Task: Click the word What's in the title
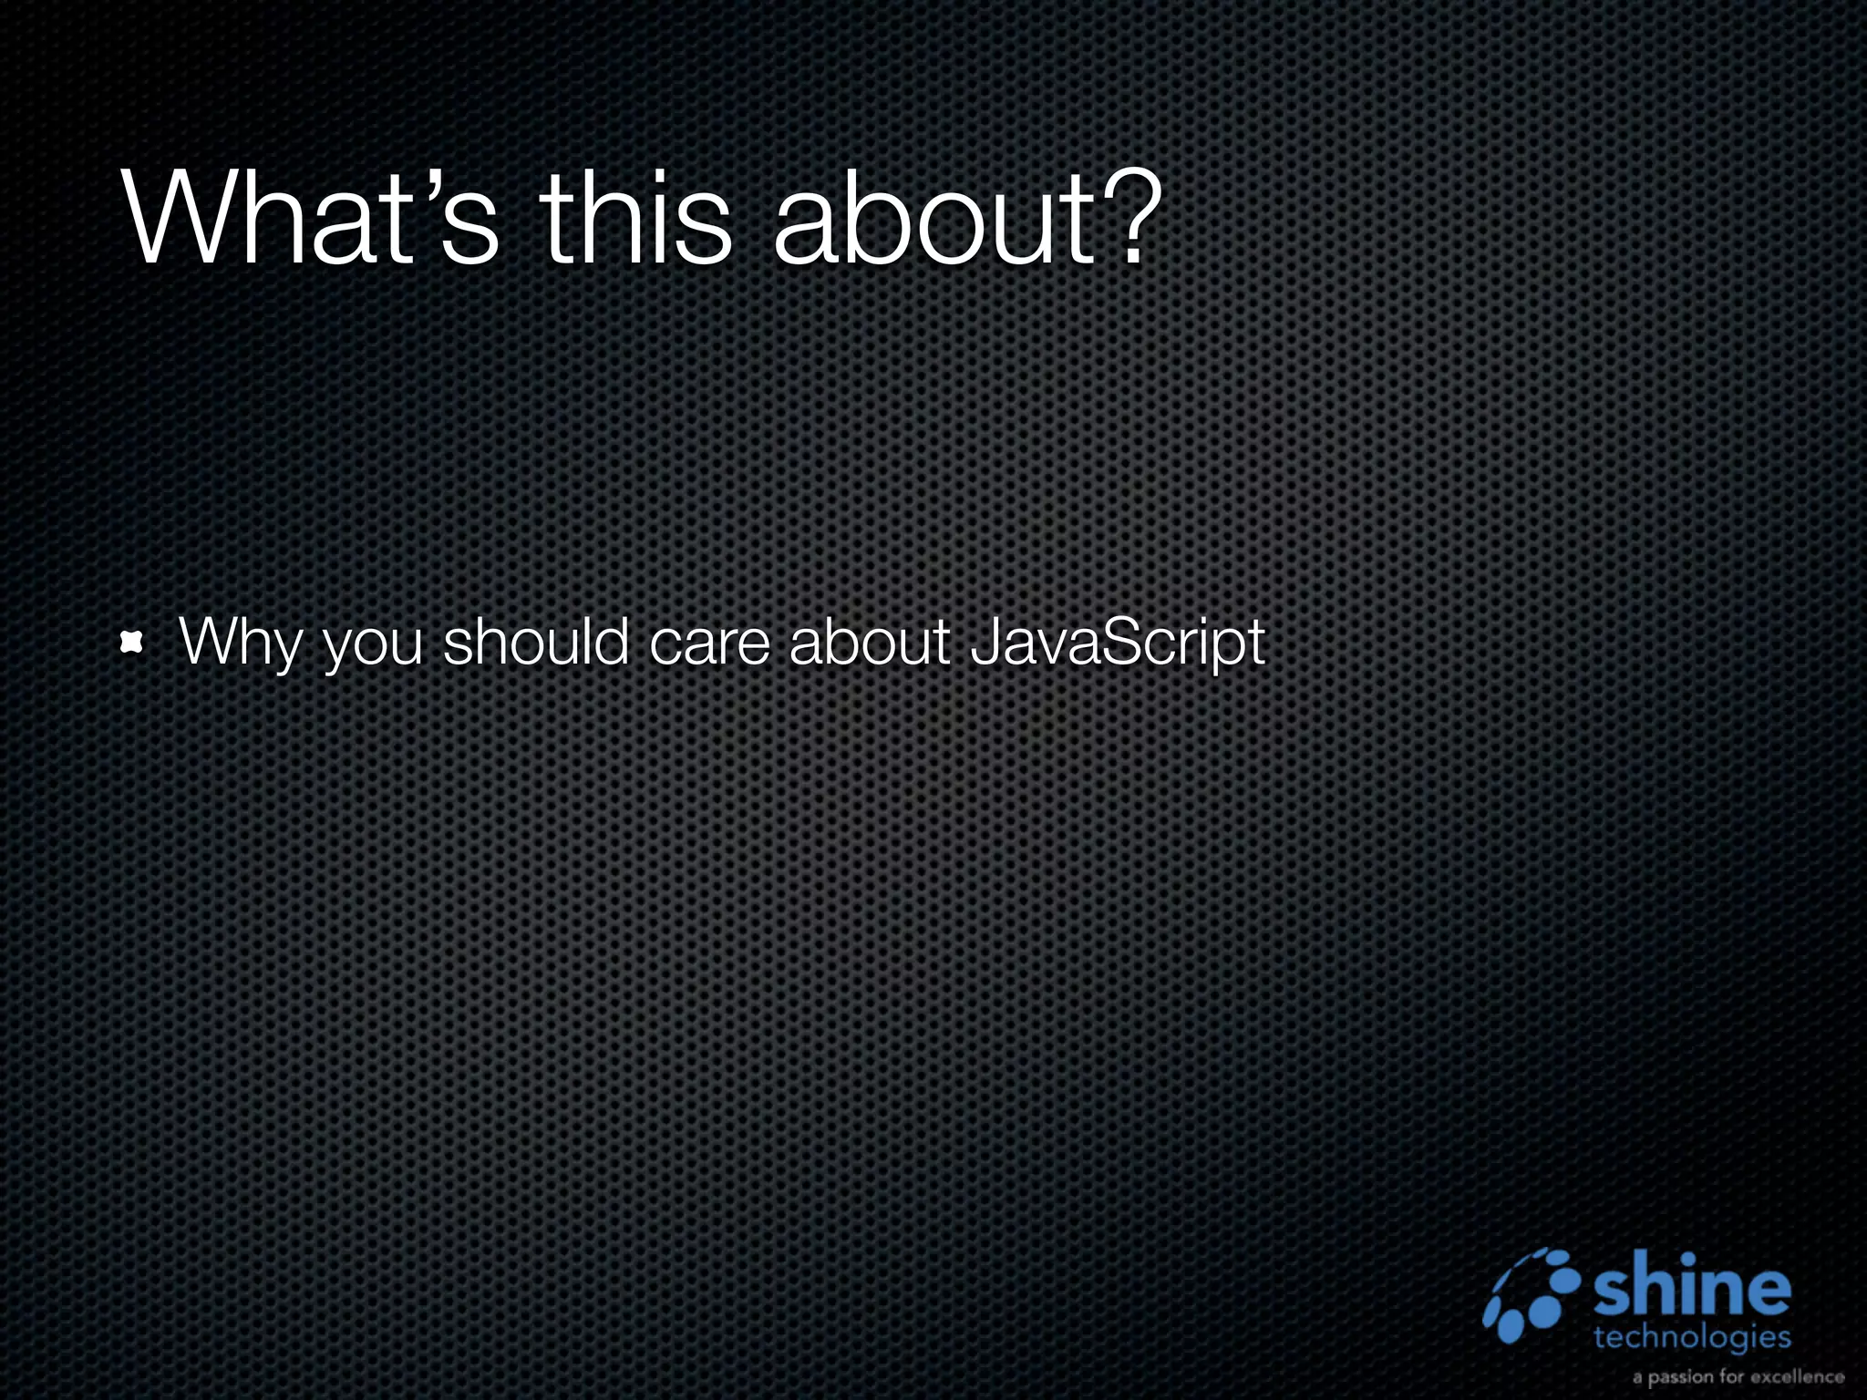310,219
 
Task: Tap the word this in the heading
636,219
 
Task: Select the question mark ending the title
1133,219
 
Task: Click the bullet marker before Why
133,644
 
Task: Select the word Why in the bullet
239,643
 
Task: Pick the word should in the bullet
536,641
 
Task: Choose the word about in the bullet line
870,641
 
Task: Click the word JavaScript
1118,643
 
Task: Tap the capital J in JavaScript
985,641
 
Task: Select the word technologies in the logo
1692,1337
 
